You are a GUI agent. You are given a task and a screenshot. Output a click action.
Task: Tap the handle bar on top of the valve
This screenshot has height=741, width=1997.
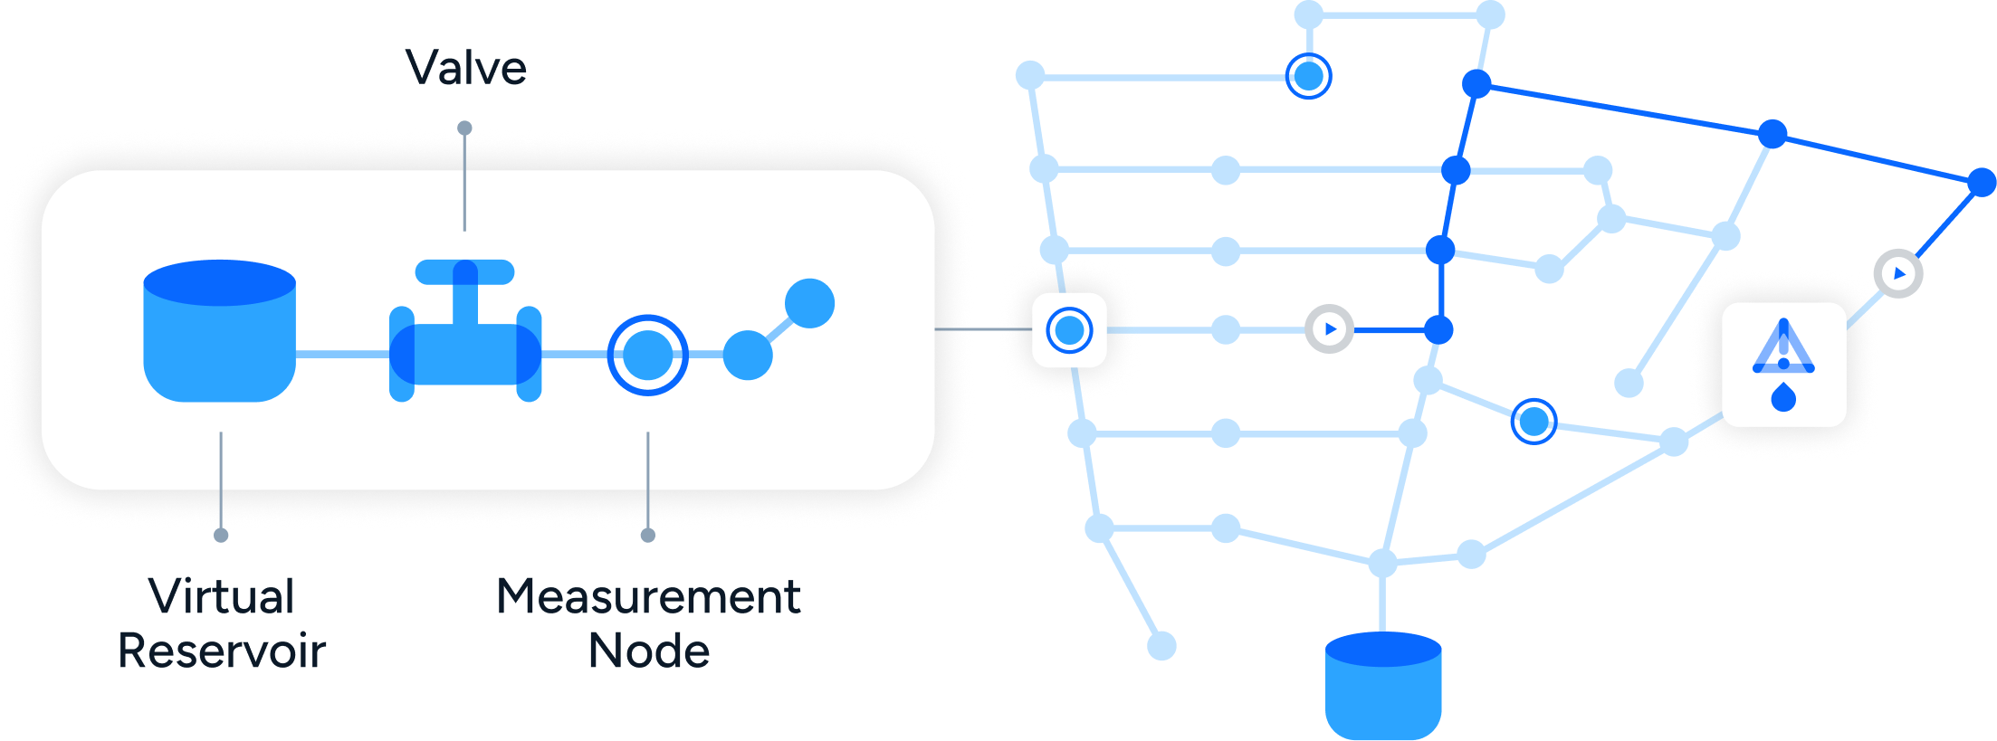point(464,271)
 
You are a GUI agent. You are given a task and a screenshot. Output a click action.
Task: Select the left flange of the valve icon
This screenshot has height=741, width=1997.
point(401,354)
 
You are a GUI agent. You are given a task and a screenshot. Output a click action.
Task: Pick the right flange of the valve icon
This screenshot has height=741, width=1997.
point(529,354)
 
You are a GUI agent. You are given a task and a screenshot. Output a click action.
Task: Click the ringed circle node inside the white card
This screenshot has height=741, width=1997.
point(647,355)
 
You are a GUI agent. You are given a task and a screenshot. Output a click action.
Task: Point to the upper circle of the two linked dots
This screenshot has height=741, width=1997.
point(809,303)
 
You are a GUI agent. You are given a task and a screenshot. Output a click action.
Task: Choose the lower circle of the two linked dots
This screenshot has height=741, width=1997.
point(748,355)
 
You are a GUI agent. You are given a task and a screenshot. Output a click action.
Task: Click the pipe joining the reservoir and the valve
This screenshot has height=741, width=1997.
point(342,355)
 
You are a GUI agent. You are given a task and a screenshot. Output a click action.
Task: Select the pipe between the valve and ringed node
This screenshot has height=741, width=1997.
point(574,355)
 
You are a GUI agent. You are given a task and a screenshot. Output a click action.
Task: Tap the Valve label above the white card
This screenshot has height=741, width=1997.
point(463,68)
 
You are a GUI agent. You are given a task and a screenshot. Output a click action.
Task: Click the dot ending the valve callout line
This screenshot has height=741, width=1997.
point(464,129)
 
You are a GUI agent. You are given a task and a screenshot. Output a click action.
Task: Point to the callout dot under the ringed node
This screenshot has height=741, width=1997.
point(647,539)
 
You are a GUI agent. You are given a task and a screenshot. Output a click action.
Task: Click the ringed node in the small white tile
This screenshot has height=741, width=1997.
point(1070,330)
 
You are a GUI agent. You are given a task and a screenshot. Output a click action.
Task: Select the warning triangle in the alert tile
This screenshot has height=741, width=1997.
point(1783,348)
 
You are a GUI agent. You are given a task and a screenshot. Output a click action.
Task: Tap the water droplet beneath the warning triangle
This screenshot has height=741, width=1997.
point(1783,397)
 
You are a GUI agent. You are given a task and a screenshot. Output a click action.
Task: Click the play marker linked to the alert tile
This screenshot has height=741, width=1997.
point(1899,273)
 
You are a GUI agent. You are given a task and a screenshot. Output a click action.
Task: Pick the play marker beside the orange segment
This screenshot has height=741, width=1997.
point(1329,329)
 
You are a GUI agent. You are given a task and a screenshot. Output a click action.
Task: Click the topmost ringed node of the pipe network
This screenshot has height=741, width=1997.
point(1309,77)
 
